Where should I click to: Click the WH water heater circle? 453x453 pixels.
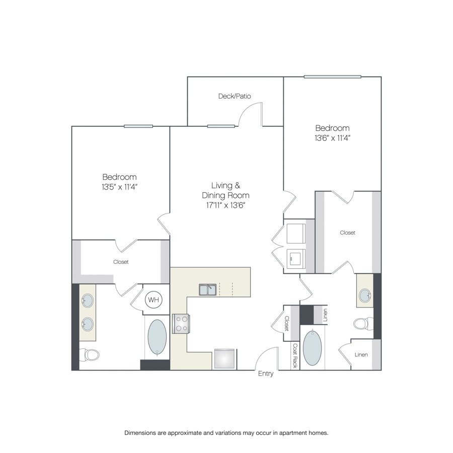154,299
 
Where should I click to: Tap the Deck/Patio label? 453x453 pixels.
235,96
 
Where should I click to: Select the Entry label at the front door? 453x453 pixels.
266,373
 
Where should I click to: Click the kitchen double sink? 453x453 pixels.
207,289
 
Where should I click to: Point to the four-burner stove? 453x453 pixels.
181,324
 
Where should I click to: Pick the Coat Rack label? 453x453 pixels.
295,355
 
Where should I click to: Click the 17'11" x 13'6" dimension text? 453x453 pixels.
225,205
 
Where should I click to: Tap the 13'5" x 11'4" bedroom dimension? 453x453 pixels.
119,187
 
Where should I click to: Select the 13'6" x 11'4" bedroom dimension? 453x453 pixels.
332,138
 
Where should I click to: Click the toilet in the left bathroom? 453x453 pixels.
89,354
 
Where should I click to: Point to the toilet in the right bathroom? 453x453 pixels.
363,324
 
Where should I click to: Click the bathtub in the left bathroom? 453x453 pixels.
157,337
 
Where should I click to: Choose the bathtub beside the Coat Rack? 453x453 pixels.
312,348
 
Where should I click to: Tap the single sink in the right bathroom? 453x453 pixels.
365,295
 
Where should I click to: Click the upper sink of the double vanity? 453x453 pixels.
88,301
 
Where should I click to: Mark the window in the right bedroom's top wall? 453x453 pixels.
332,77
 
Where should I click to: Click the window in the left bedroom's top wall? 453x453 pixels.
138,126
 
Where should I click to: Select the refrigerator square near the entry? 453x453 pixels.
224,359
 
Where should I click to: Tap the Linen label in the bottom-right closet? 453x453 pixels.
361,355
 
